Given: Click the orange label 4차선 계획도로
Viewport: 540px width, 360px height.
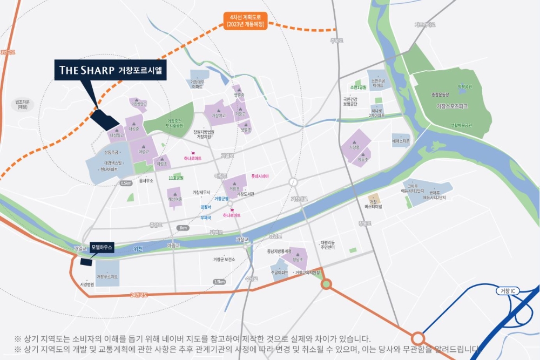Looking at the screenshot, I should coord(245,21).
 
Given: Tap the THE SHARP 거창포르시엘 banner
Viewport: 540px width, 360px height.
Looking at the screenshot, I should coord(111,70).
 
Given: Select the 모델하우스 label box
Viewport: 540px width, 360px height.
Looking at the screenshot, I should coord(102,247).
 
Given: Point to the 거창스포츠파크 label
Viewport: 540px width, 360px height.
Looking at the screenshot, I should coord(452,107).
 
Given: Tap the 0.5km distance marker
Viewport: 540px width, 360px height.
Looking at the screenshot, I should coord(126,183).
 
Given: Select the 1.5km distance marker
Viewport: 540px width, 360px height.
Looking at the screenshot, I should coord(219,282).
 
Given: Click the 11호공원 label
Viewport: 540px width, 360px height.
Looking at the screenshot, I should coord(176,178).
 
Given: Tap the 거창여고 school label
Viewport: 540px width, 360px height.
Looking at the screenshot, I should coord(218,116).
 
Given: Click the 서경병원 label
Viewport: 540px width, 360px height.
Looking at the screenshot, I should coord(87,284).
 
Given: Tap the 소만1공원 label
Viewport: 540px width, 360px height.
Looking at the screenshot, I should coord(358,87).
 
